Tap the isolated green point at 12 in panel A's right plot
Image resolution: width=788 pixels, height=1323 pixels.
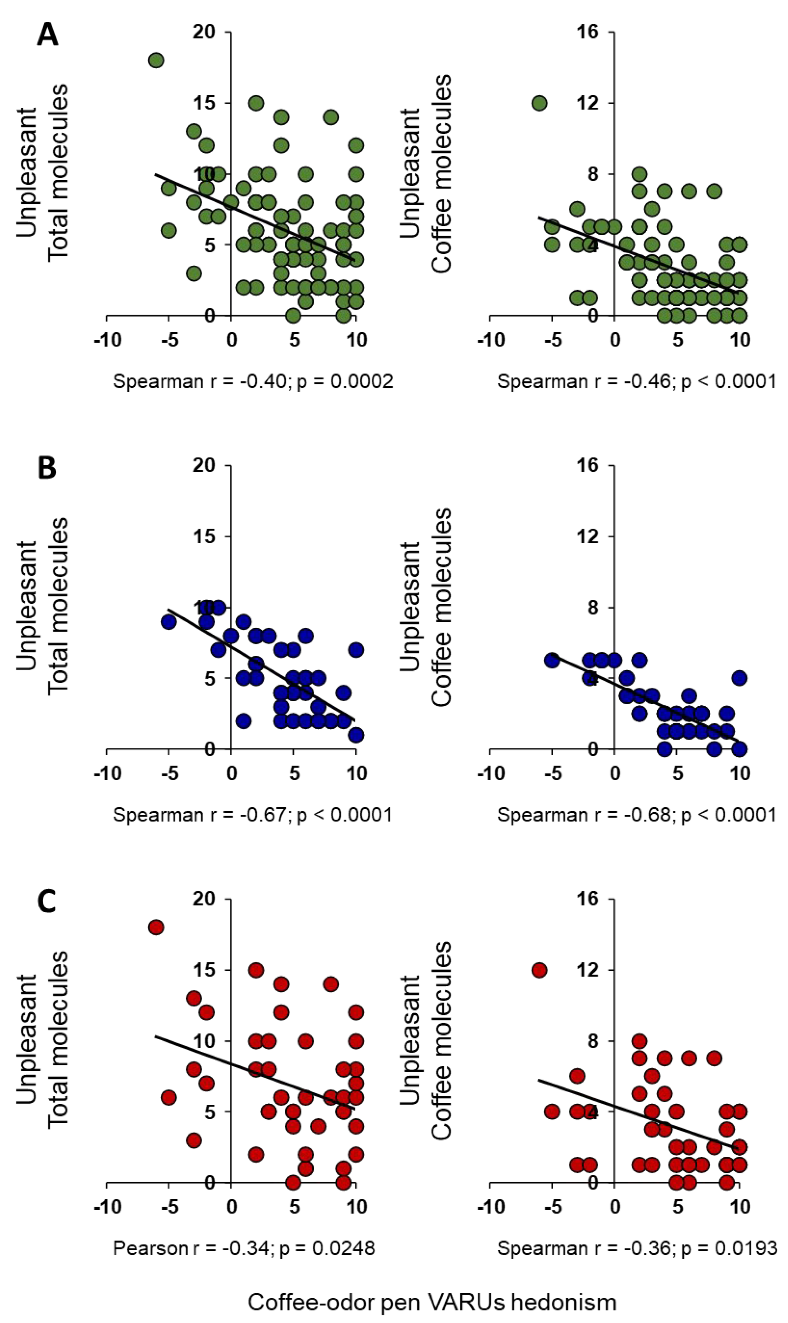pos(540,103)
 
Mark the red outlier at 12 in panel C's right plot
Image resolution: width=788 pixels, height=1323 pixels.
pos(540,970)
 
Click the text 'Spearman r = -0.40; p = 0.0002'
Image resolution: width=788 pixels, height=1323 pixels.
pos(253,381)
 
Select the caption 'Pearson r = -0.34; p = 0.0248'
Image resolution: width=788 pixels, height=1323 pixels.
pos(244,1247)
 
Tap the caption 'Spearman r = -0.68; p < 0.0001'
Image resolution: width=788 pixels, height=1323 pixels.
pos(637,814)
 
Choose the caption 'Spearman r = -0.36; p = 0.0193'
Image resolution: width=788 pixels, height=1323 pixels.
pos(637,1247)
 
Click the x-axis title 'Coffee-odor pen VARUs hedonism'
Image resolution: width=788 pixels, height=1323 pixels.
pos(432,1297)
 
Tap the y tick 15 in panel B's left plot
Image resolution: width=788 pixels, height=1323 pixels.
pos(204,536)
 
